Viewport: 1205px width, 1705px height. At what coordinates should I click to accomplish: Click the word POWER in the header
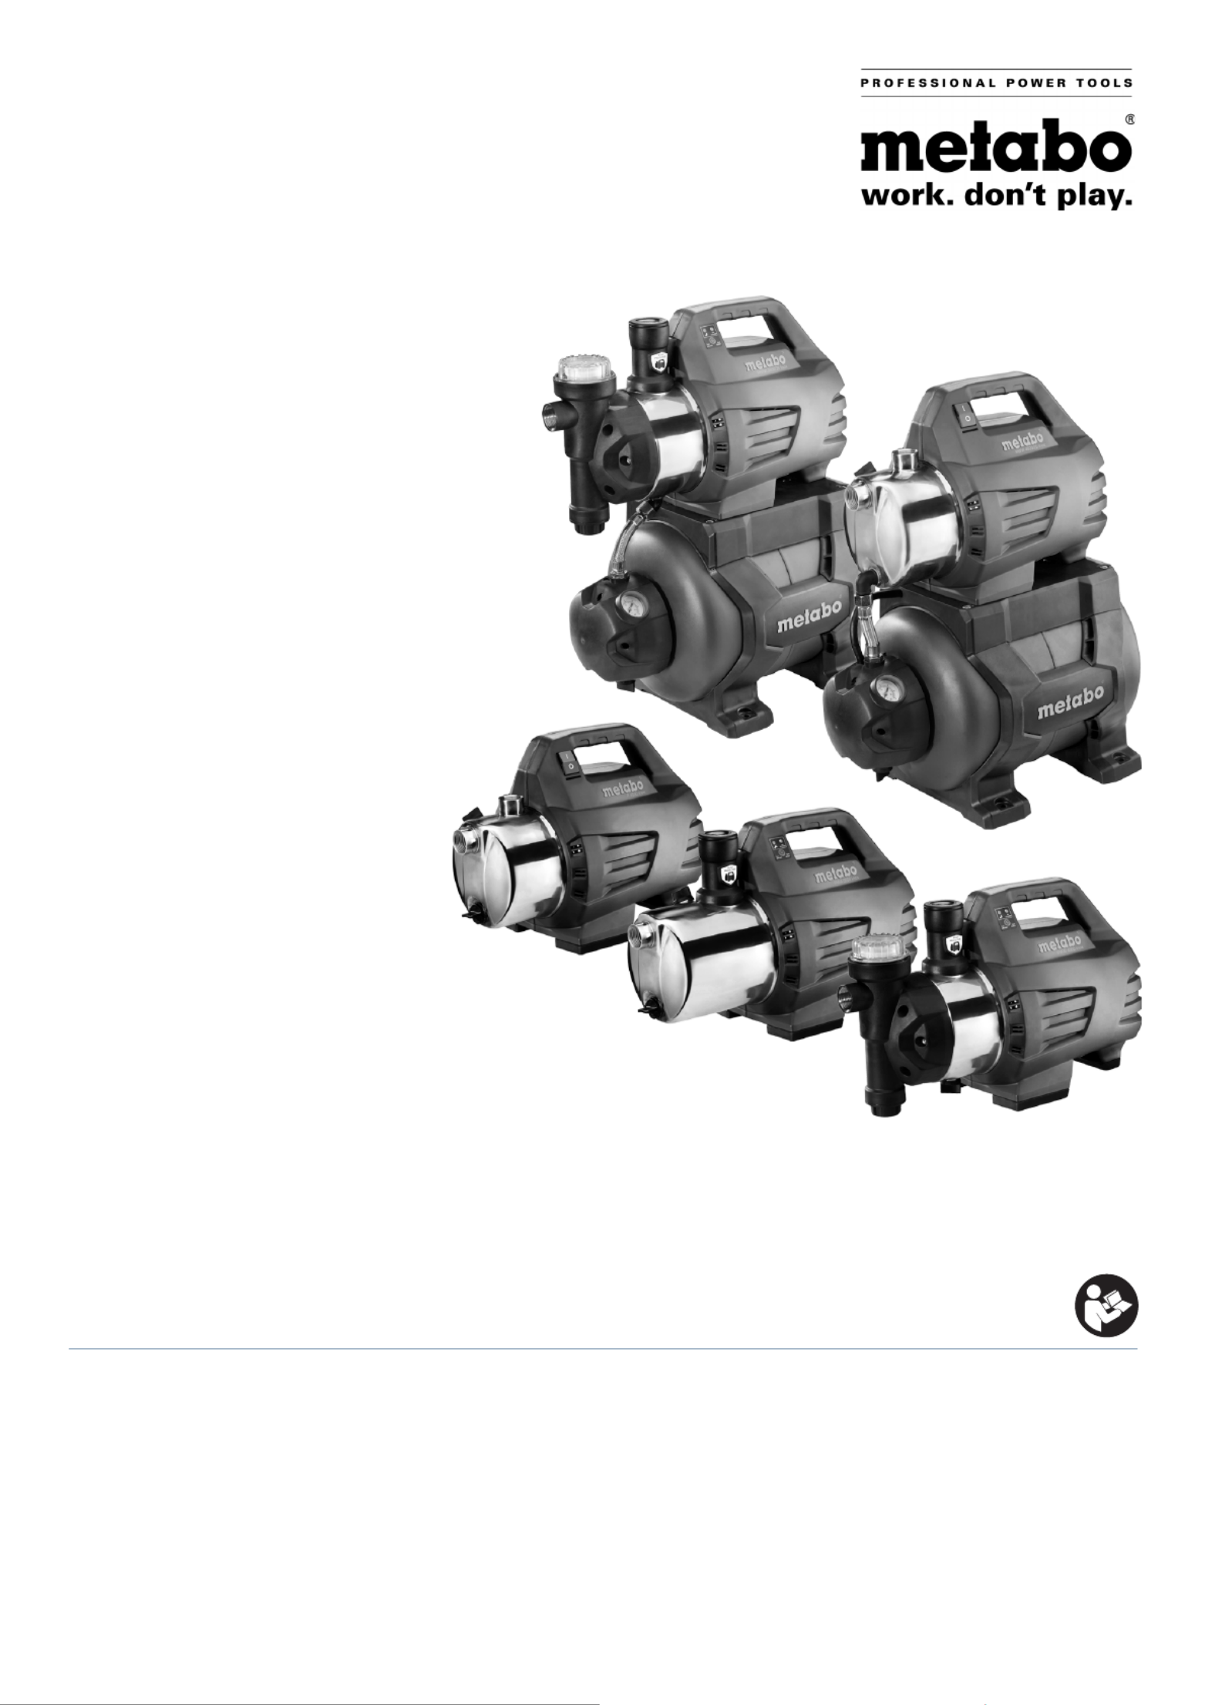pos(1031,82)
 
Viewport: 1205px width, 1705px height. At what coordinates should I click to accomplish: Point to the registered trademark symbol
pos(1128,120)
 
